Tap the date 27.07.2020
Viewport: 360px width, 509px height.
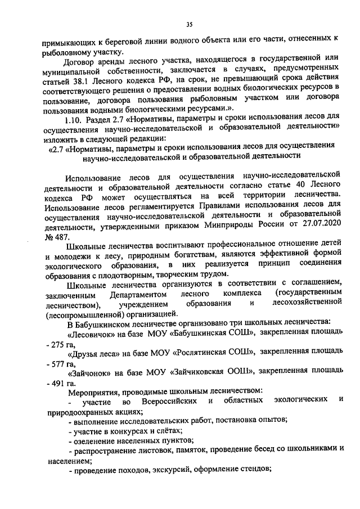[322, 227]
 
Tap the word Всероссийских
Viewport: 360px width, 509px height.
[168, 400]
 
